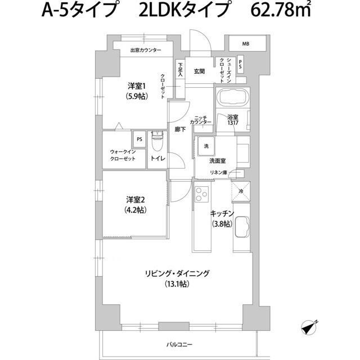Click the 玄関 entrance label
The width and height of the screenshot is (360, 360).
pyautogui.click(x=200, y=71)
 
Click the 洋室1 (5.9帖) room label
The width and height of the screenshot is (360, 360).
pyautogui.click(x=137, y=91)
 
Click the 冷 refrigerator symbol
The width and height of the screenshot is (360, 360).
pyautogui.click(x=241, y=191)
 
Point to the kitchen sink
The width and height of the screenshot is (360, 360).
pyautogui.click(x=241, y=228)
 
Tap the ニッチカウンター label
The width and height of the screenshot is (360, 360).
pyautogui.click(x=200, y=119)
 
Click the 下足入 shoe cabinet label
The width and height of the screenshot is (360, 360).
pyautogui.click(x=181, y=69)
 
